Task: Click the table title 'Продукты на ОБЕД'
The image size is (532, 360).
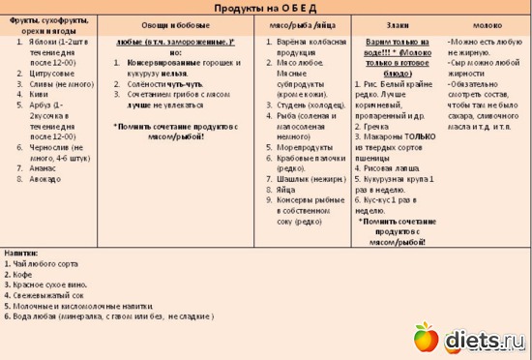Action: pyautogui.click(x=266, y=7)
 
